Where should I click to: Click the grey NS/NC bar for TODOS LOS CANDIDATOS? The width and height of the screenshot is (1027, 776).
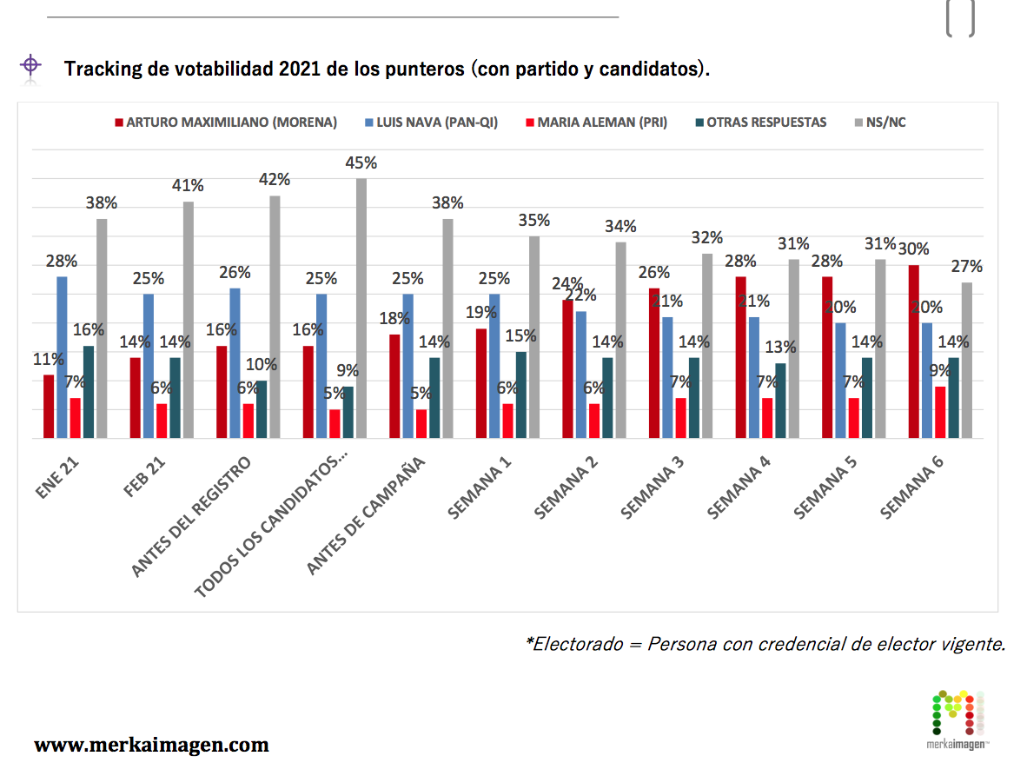(361, 308)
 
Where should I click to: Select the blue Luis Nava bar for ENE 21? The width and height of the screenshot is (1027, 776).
(62, 357)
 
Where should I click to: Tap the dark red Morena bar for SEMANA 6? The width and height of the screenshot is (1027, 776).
(913, 351)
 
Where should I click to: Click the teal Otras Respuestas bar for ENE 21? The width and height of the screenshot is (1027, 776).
(89, 392)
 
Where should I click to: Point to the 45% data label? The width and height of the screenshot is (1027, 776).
(361, 163)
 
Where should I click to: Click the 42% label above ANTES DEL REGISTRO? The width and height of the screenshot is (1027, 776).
(275, 180)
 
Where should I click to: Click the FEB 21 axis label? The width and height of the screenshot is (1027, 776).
(146, 475)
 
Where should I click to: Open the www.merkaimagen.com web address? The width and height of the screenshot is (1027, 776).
(151, 745)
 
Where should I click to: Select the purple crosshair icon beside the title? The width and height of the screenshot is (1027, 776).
(30, 65)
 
